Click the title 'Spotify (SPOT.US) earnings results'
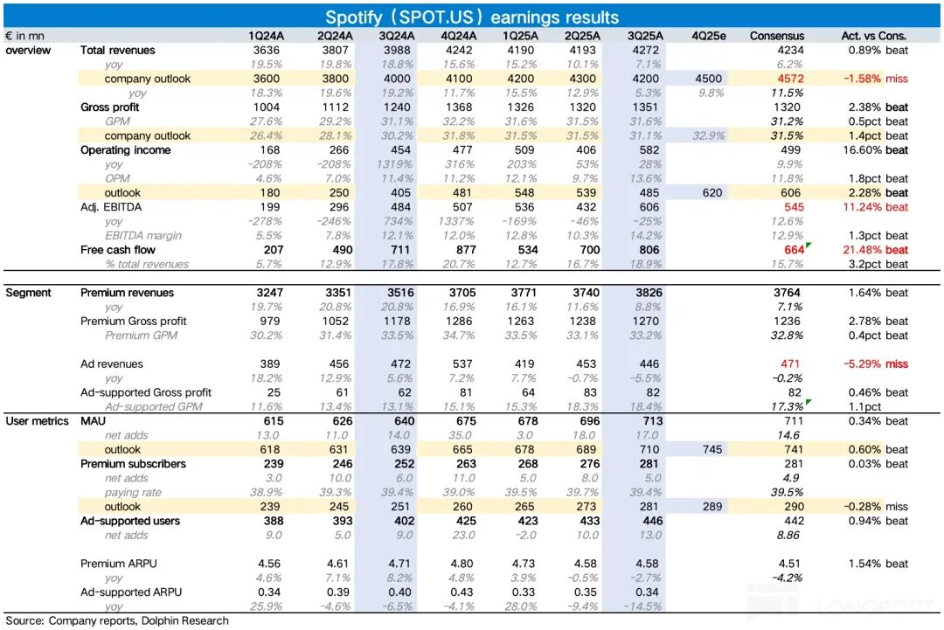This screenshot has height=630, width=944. tap(472, 17)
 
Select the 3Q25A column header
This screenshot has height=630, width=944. tap(646, 36)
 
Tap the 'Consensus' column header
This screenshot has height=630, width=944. tap(777, 36)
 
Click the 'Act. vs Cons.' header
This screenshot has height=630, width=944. tap(875, 36)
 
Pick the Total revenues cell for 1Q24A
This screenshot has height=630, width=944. tap(265, 50)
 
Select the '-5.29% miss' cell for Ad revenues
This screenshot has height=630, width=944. tap(876, 363)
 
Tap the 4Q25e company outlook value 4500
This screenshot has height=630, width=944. tap(707, 79)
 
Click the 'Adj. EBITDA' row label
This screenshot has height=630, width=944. tap(111, 207)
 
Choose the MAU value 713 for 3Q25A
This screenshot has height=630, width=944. tap(646, 421)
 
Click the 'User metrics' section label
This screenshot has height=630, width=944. tap(38, 421)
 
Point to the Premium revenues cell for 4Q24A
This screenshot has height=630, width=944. tap(460, 293)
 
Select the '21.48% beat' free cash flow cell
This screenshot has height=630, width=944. tap(876, 250)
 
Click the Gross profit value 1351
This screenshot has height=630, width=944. tap(646, 107)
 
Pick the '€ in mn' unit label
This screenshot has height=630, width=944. tap(27, 36)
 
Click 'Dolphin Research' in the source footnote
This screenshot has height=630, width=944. tap(187, 621)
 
